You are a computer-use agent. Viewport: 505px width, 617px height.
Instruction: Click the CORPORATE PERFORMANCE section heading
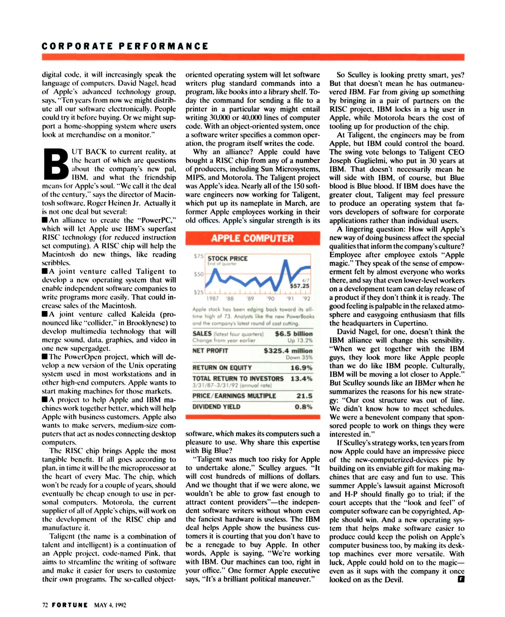tap(125, 46)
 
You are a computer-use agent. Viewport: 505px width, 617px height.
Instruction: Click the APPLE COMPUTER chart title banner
tap(252, 238)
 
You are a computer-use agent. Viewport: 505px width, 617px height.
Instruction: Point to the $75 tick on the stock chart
tap(198, 256)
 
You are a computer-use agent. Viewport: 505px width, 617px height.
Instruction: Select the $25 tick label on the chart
tap(198, 292)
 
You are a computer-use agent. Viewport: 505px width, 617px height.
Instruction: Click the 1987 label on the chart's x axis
tap(213, 299)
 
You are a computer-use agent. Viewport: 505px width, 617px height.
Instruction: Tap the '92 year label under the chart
tap(306, 299)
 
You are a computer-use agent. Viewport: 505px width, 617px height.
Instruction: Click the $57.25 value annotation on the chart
tap(299, 286)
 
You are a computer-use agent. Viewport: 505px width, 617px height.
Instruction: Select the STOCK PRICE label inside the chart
tap(227, 259)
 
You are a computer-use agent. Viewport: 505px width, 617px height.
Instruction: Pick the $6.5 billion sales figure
tap(294, 334)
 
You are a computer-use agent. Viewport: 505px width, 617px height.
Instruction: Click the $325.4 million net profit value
tap(288, 351)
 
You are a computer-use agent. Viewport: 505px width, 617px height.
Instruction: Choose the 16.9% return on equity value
tap(301, 368)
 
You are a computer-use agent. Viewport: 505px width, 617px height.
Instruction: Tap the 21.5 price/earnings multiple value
tap(304, 396)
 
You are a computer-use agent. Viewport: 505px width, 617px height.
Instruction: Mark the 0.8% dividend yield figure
tap(303, 407)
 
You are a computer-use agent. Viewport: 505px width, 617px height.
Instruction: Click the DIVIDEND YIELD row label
tap(216, 407)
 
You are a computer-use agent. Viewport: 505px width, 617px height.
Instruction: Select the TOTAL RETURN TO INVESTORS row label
tap(238, 379)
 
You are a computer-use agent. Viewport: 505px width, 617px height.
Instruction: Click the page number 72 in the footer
tap(45, 605)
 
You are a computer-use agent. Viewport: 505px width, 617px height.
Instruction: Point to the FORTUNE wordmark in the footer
tap(70, 605)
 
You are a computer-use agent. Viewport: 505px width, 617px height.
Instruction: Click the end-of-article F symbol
tap(461, 579)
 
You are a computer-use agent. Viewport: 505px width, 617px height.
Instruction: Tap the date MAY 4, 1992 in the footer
tap(110, 605)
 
